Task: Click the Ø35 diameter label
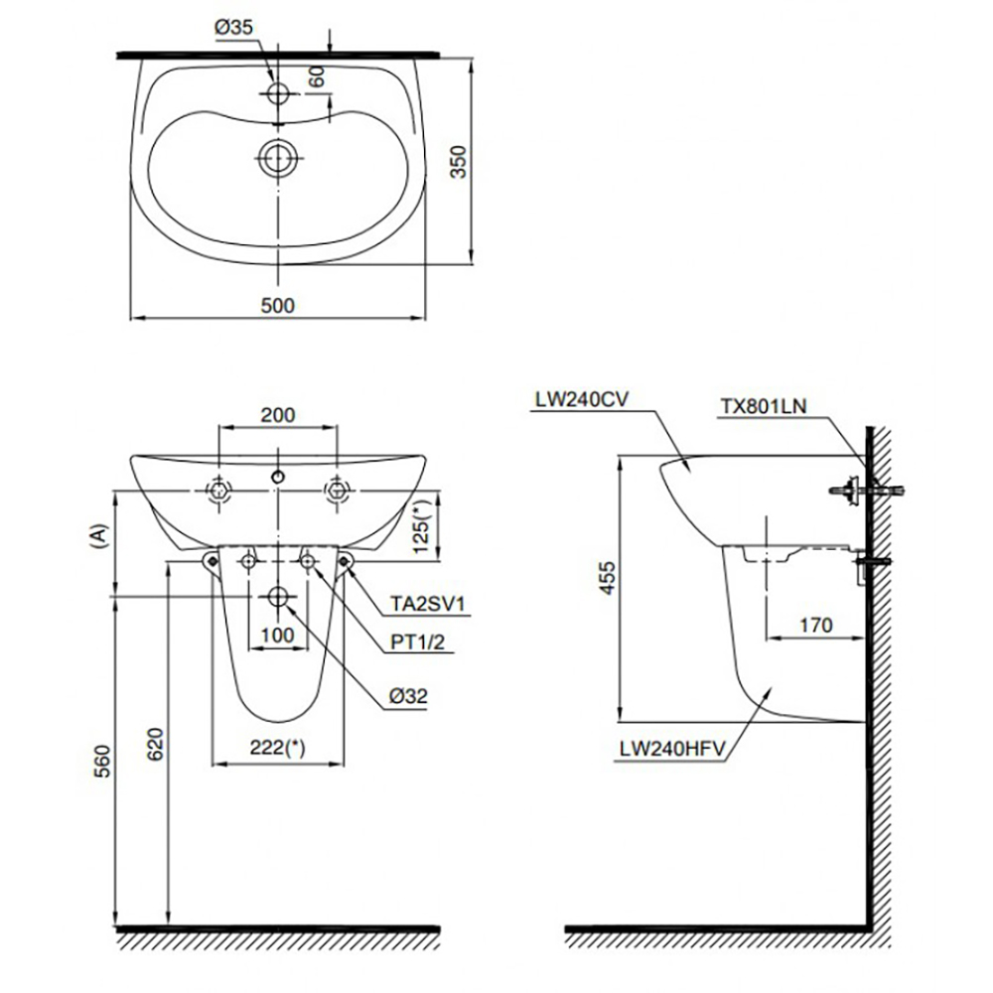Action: (233, 28)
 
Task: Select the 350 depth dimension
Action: (458, 159)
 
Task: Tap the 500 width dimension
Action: (279, 305)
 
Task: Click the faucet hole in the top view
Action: (277, 92)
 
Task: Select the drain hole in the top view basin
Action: (277, 157)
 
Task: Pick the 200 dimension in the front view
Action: (278, 415)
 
